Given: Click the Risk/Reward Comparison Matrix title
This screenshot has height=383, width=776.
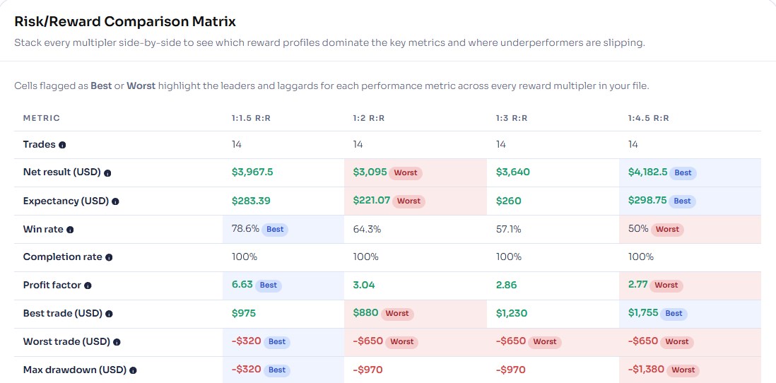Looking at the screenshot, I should click(x=125, y=22).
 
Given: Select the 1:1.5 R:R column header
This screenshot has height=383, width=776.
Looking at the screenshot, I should click(x=251, y=118).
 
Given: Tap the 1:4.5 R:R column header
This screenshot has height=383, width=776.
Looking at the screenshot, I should click(x=648, y=118).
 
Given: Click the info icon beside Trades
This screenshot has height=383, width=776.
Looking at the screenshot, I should click(x=62, y=145).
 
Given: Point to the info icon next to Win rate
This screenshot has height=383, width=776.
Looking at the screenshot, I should click(x=70, y=230).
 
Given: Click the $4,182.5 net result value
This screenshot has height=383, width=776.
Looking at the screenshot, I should click(x=647, y=172).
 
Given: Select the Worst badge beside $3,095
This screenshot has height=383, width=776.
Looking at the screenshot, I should click(x=406, y=172).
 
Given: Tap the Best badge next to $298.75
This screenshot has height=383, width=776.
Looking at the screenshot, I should click(x=682, y=201).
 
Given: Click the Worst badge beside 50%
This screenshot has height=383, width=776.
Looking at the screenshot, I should click(x=667, y=229).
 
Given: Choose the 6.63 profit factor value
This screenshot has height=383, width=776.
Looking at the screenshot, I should click(x=242, y=285).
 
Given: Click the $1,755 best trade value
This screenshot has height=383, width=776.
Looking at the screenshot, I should click(x=645, y=314).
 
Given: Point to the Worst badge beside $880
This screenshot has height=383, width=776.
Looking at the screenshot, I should click(x=397, y=314).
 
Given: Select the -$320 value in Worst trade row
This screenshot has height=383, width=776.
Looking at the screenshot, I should click(x=246, y=342).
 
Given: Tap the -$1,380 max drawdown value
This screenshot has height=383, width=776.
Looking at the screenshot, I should click(x=646, y=370).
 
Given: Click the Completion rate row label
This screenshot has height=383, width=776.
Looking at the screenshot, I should click(x=62, y=257).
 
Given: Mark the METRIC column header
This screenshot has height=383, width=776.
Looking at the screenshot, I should click(x=42, y=118).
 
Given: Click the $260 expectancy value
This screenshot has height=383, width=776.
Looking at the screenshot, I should click(x=508, y=201).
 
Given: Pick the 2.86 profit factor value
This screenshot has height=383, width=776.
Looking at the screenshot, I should click(x=506, y=285).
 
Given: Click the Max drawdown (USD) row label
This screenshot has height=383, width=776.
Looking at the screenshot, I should click(x=75, y=370).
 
